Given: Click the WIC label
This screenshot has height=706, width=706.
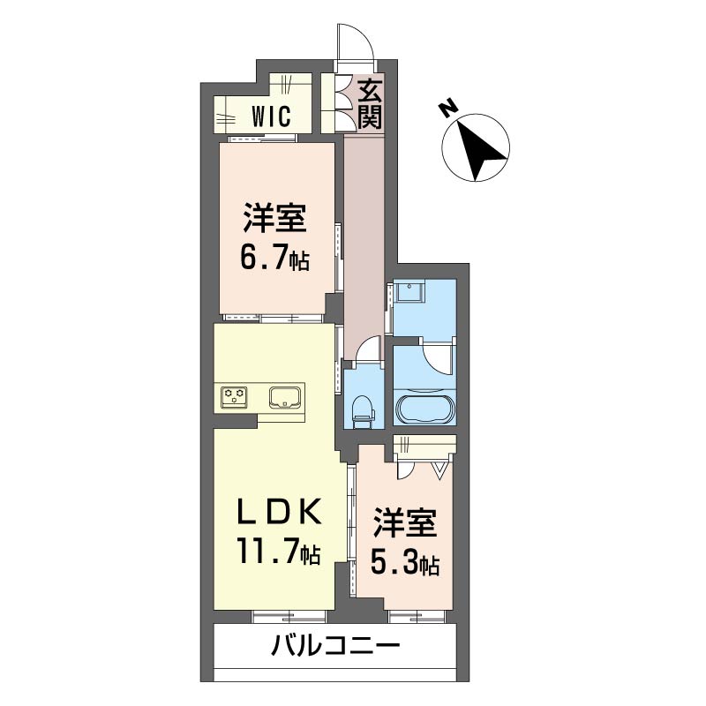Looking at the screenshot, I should [270, 116].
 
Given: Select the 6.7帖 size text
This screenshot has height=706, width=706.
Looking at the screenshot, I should [274, 257].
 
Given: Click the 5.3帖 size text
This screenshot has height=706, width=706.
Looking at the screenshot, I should [405, 561].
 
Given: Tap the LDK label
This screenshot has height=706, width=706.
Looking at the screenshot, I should [274, 511].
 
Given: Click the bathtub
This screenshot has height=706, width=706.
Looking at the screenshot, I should [424, 410].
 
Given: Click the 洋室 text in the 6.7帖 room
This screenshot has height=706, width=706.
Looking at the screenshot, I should [274, 217].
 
